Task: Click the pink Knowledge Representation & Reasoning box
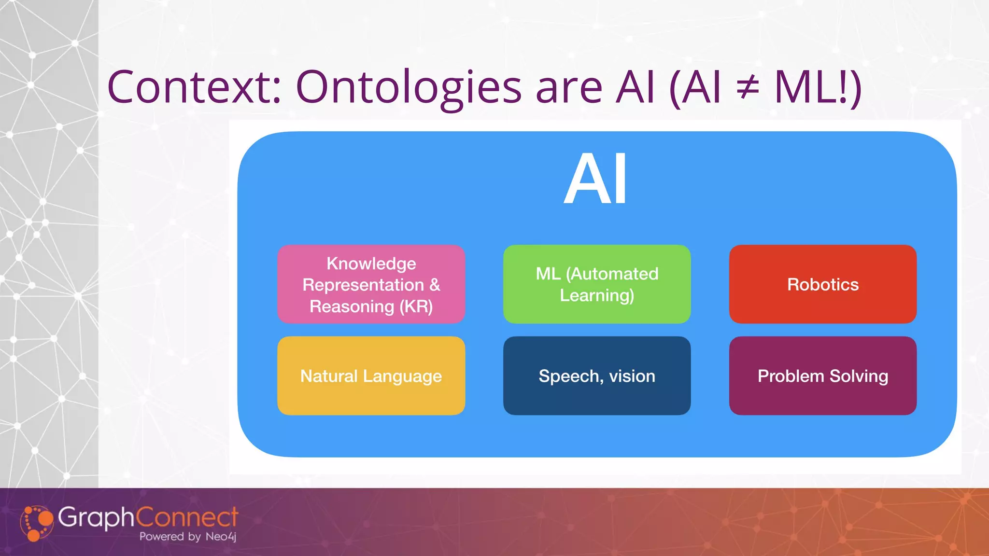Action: pos(371,284)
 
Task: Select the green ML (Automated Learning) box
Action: pos(597,284)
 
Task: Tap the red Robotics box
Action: pos(823,284)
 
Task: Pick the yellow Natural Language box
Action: pos(371,375)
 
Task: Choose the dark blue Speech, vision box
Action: pos(597,375)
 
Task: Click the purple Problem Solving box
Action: pos(823,375)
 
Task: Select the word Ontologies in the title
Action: pos(409,88)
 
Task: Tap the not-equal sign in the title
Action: pos(748,88)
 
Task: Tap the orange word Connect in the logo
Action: pos(187,517)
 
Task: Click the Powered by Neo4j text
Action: pos(187,536)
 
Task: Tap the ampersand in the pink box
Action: pos(434,285)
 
